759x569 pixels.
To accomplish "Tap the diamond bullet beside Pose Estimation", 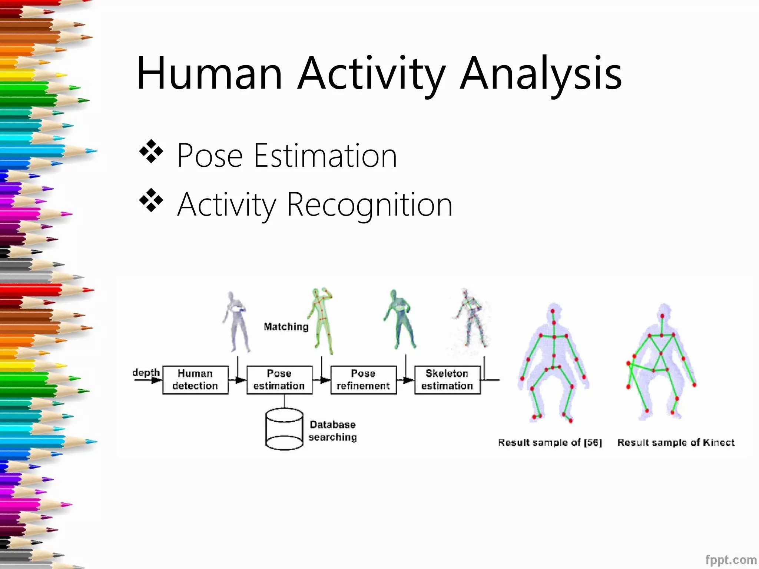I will pyautogui.click(x=151, y=152).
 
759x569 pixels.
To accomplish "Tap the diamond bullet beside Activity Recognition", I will pyautogui.click(x=151, y=200).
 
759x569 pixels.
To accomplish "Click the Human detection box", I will pyautogui.click(x=195, y=380).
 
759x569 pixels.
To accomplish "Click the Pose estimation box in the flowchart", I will pyautogui.click(x=279, y=380).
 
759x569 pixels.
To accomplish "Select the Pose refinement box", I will pyautogui.click(x=363, y=380).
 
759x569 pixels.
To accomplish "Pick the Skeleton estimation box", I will pyautogui.click(x=447, y=380).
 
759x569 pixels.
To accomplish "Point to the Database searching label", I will pyautogui.click(x=332, y=430).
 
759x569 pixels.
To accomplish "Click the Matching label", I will pyautogui.click(x=286, y=327).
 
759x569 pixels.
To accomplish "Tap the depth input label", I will pyautogui.click(x=146, y=372).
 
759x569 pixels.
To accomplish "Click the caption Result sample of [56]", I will pyautogui.click(x=550, y=442).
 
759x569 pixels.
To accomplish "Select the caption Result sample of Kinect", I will pyautogui.click(x=676, y=442).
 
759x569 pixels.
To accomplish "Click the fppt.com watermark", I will pyautogui.click(x=730, y=559).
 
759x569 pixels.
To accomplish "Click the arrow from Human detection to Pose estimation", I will pyautogui.click(x=238, y=380).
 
